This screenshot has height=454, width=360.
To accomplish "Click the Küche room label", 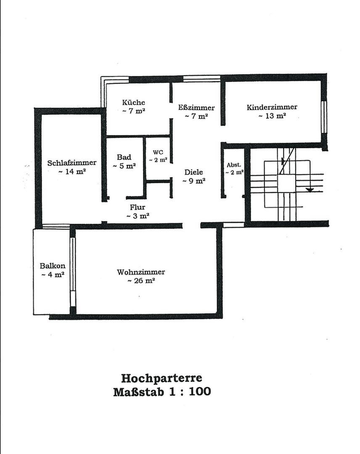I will tap(134, 102).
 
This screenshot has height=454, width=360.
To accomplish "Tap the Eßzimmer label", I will tap(196, 108).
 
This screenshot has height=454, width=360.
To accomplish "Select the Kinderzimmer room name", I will tap(272, 107).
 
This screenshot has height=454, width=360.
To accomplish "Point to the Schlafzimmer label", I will tap(72, 163).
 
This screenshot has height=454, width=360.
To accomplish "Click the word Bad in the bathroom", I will tap(124, 157).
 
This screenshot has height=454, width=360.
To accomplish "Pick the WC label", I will tap(158, 152).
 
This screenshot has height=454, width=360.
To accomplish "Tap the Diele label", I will tap(193, 172).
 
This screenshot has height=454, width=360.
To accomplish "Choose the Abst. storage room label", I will tap(234, 165).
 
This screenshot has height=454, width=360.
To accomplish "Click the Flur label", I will tap(138, 207).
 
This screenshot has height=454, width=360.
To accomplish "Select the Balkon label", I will tap(53, 266).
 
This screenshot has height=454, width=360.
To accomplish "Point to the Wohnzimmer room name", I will tap(141, 272).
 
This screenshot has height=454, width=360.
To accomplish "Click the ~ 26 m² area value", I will tap(141, 281).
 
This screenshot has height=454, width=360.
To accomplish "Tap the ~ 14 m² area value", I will tap(72, 172).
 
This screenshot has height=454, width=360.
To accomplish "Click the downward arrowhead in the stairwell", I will tap(310, 190).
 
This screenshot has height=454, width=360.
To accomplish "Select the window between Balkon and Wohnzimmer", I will tap(72, 265).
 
